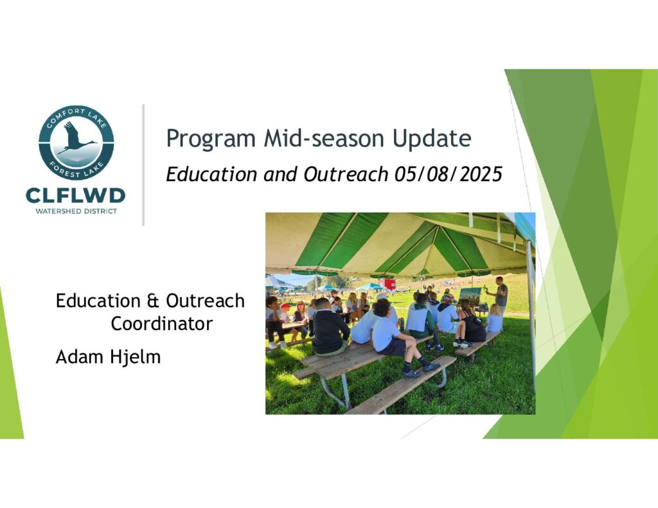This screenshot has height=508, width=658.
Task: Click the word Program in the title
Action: pyautogui.click(x=211, y=139)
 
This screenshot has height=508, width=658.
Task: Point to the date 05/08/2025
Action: pyautogui.click(x=448, y=174)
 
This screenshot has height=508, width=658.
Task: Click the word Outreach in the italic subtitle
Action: pyautogui.click(x=346, y=174)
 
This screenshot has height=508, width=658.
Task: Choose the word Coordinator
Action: pyautogui.click(x=161, y=324)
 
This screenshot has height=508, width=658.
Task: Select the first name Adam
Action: pyautogui.click(x=79, y=356)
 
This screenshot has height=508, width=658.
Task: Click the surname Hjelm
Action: pyautogui.click(x=135, y=358)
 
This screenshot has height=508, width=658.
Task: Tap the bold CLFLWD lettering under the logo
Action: pyautogui.click(x=76, y=195)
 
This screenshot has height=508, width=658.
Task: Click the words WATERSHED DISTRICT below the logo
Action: pyautogui.click(x=76, y=211)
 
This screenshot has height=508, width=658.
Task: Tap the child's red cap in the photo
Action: pyautogui.click(x=286, y=306)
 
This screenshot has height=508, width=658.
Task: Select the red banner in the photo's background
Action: pyautogui.click(x=389, y=285)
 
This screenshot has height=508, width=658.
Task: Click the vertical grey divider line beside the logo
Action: pyautogui.click(x=143, y=165)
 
